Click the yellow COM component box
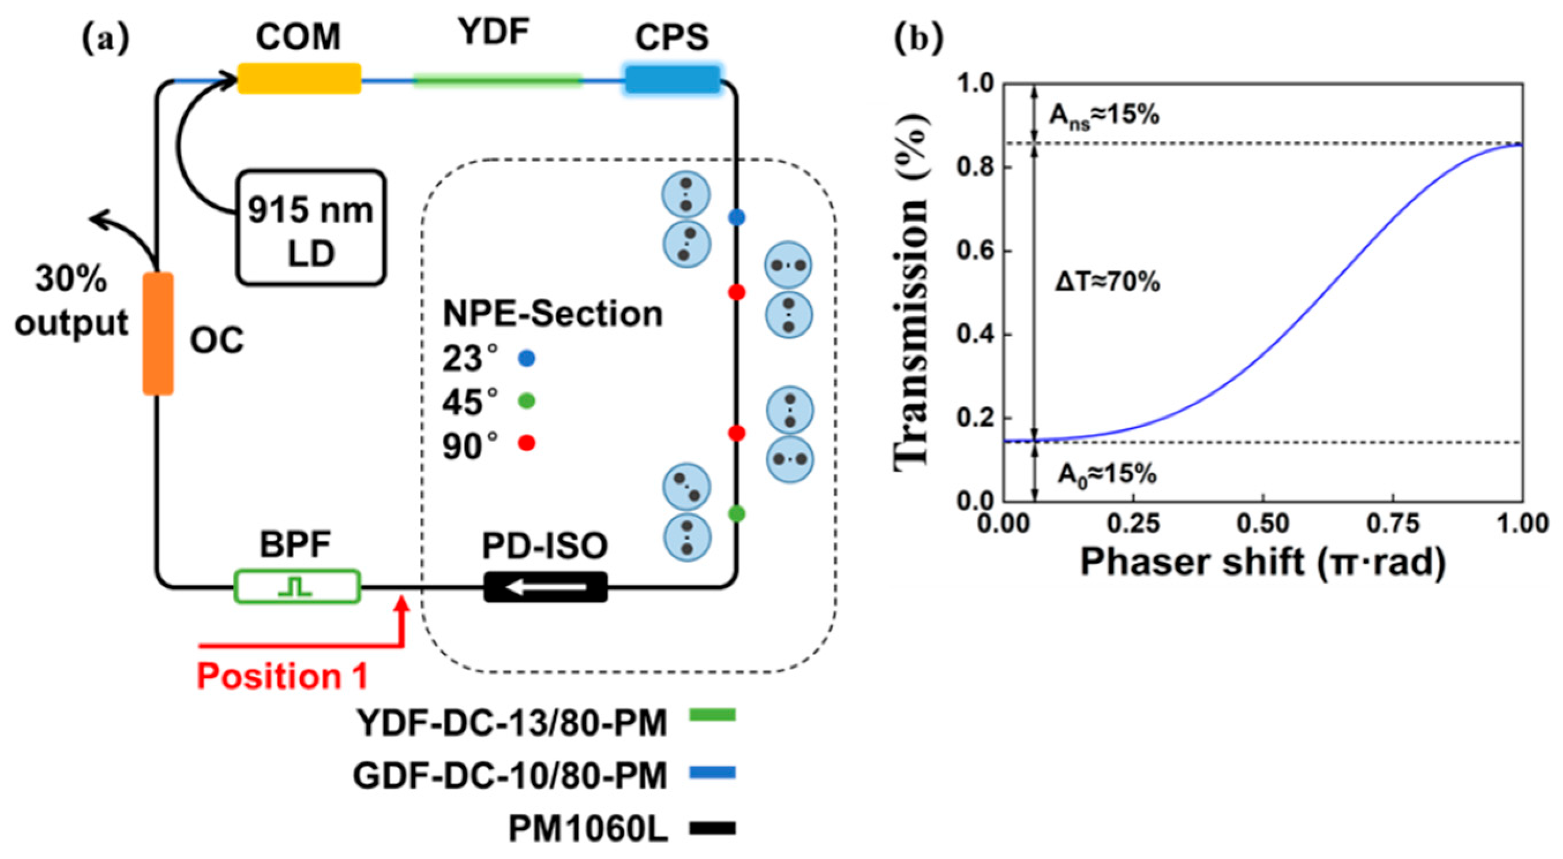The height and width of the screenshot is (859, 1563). [x=299, y=79]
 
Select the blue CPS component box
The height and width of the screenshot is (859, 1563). [x=672, y=80]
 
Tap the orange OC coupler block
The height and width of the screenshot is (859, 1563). [x=159, y=334]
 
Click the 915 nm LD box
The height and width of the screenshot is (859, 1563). [x=311, y=228]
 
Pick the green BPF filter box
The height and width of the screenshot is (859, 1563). [x=297, y=585]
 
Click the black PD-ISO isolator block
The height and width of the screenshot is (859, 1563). [x=545, y=587]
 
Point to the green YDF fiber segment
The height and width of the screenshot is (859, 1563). [x=498, y=80]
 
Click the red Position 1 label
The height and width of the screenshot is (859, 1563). [x=283, y=676]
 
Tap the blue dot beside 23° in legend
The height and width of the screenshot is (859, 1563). [x=526, y=359]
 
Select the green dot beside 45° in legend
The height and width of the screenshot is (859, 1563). [x=526, y=402]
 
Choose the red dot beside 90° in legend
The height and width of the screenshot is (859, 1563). [x=526, y=443]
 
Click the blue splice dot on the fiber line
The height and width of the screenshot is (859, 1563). [x=736, y=218]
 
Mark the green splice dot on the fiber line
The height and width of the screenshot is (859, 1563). [x=736, y=514]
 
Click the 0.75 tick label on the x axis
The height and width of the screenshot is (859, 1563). [x=1392, y=523]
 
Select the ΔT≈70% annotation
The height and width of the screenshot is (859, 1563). [x=1107, y=282]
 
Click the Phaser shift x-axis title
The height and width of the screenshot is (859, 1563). [x=1263, y=562]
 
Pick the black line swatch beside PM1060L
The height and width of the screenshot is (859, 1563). [x=712, y=828]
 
